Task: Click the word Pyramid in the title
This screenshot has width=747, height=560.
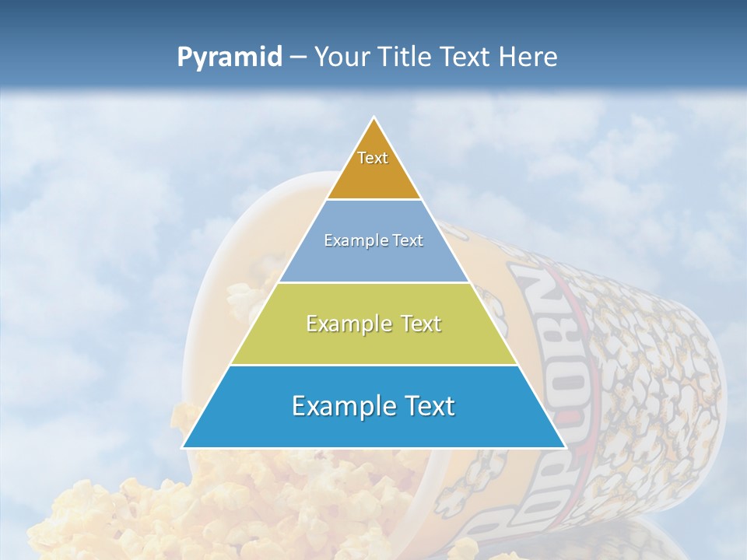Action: [x=230, y=58]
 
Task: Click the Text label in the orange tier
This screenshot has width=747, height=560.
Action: [x=373, y=158]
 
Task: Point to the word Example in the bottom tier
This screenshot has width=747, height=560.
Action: [x=336, y=406]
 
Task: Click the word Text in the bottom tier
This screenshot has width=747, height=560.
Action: [x=426, y=406]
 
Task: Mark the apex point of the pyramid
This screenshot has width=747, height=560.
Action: [x=374, y=119]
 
